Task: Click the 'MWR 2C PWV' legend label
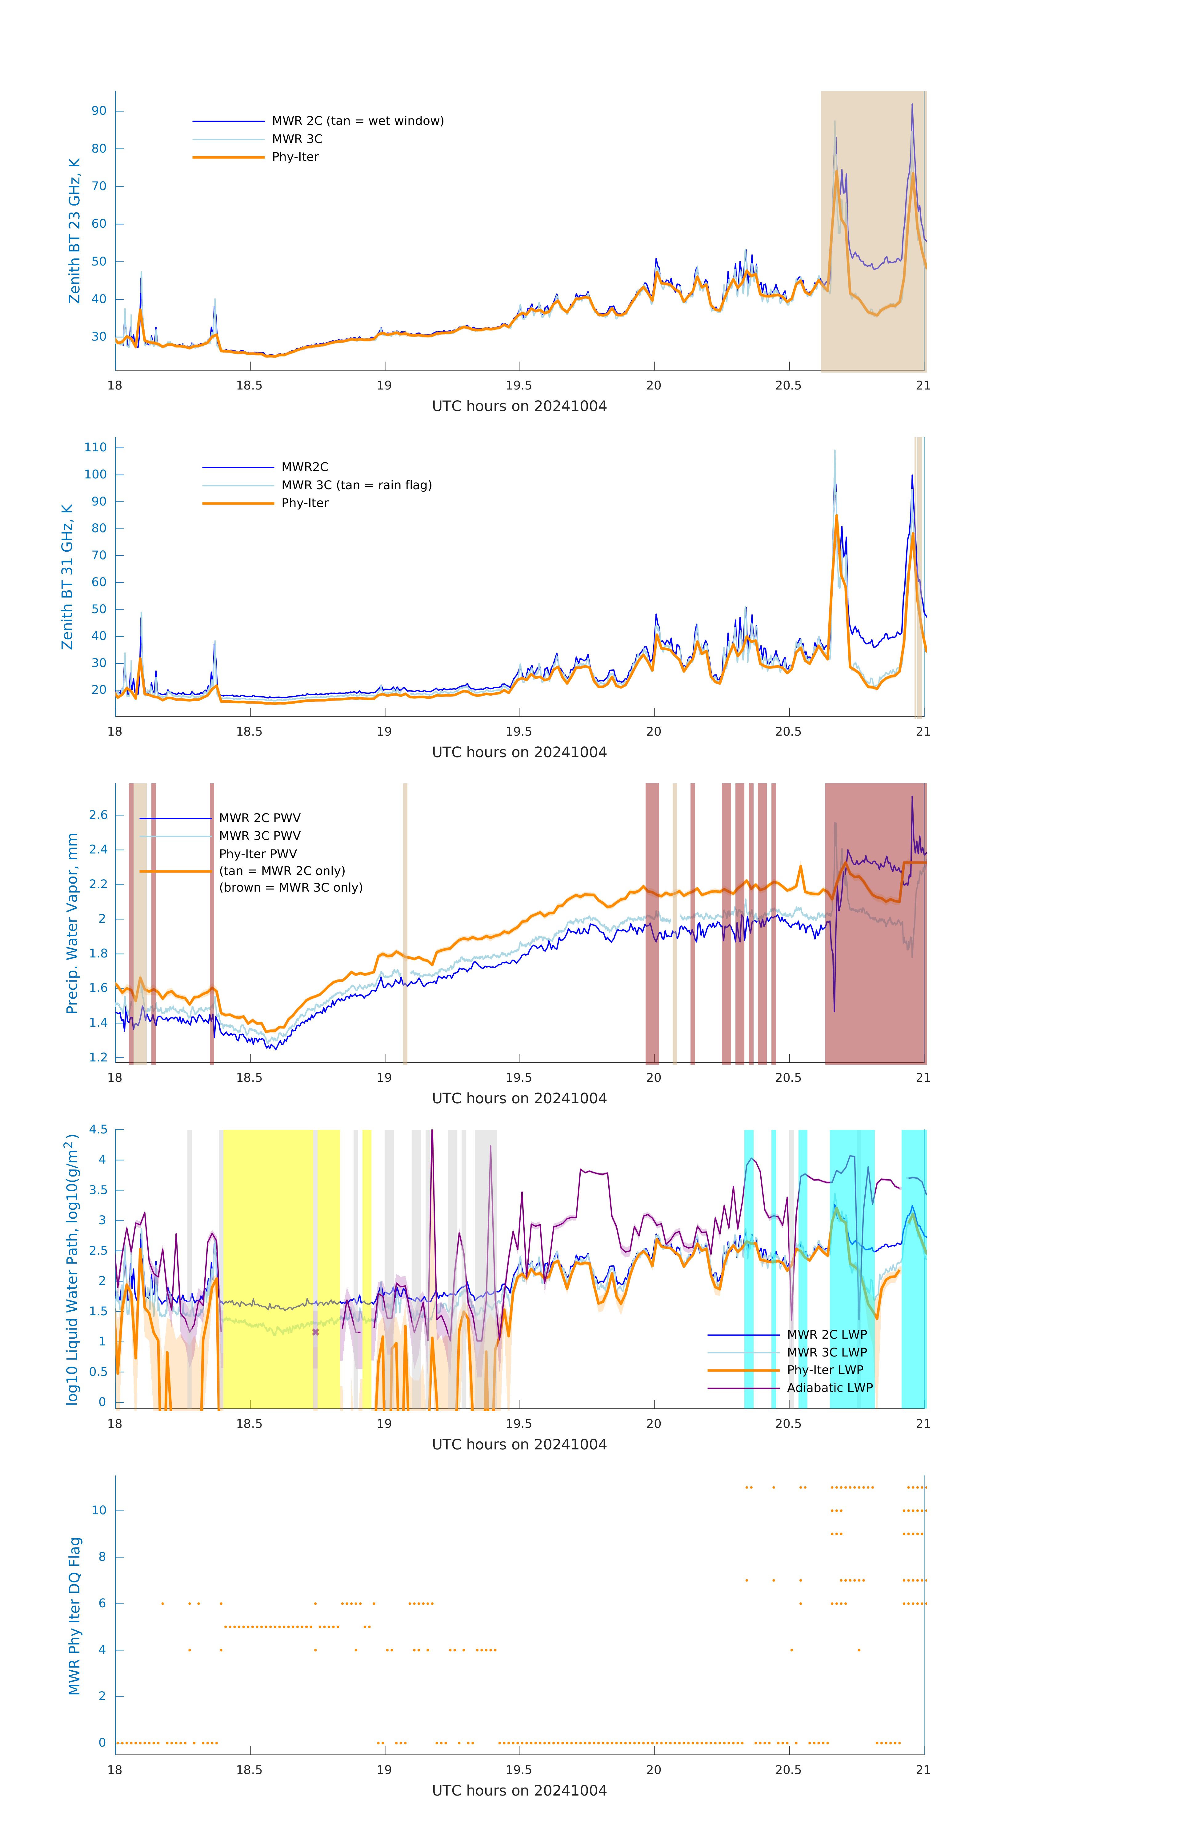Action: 260,818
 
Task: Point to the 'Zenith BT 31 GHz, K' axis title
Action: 67,577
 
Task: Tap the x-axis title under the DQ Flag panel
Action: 519,1791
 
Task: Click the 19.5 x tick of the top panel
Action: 519,386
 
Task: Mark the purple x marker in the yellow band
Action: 315,1332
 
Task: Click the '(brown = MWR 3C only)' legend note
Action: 290,888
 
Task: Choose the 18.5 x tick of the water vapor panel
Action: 249,1078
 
